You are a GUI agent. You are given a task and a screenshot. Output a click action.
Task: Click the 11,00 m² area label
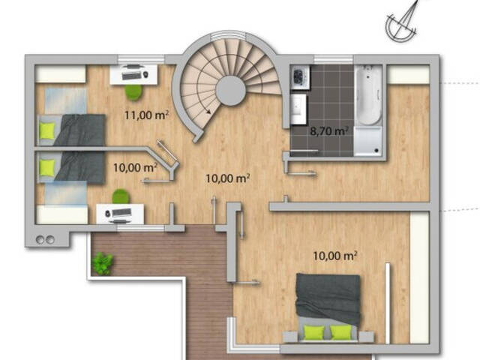tap(147, 115)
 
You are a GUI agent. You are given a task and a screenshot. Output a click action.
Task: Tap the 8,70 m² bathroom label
tap(329, 131)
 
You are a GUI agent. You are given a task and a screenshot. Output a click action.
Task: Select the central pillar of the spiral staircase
tap(231, 91)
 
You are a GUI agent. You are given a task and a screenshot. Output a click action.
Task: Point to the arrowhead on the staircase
tap(208, 111)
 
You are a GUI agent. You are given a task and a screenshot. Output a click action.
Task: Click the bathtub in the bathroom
tap(369, 95)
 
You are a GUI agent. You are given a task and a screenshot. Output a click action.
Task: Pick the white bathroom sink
tap(298, 109)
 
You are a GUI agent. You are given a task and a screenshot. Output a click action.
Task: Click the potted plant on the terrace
tap(103, 264)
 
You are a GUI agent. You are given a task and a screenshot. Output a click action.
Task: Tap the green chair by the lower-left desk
tap(121, 196)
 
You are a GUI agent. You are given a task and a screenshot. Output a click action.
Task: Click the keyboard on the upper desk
tap(132, 75)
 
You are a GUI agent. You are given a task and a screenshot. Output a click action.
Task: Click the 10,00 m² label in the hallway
tap(227, 178)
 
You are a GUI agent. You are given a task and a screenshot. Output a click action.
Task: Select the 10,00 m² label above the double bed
tap(335, 256)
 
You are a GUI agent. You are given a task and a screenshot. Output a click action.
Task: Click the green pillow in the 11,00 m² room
tap(47, 130)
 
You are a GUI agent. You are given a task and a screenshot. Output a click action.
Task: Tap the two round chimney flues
tap(45, 239)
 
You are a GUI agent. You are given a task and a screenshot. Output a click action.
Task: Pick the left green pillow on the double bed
tap(314, 332)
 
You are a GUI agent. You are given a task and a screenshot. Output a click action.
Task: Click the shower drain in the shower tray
tap(376, 150)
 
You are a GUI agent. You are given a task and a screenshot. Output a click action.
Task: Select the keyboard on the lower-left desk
tap(121, 212)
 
